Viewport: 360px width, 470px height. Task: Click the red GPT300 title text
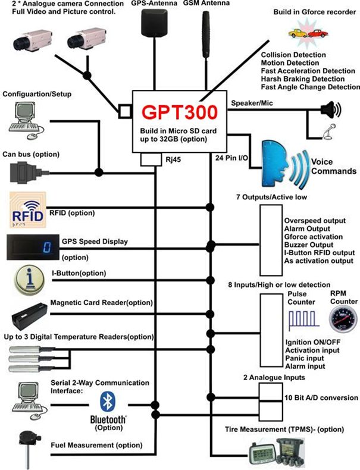[x=178, y=112]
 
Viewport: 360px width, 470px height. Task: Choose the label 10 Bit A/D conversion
[x=321, y=397]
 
